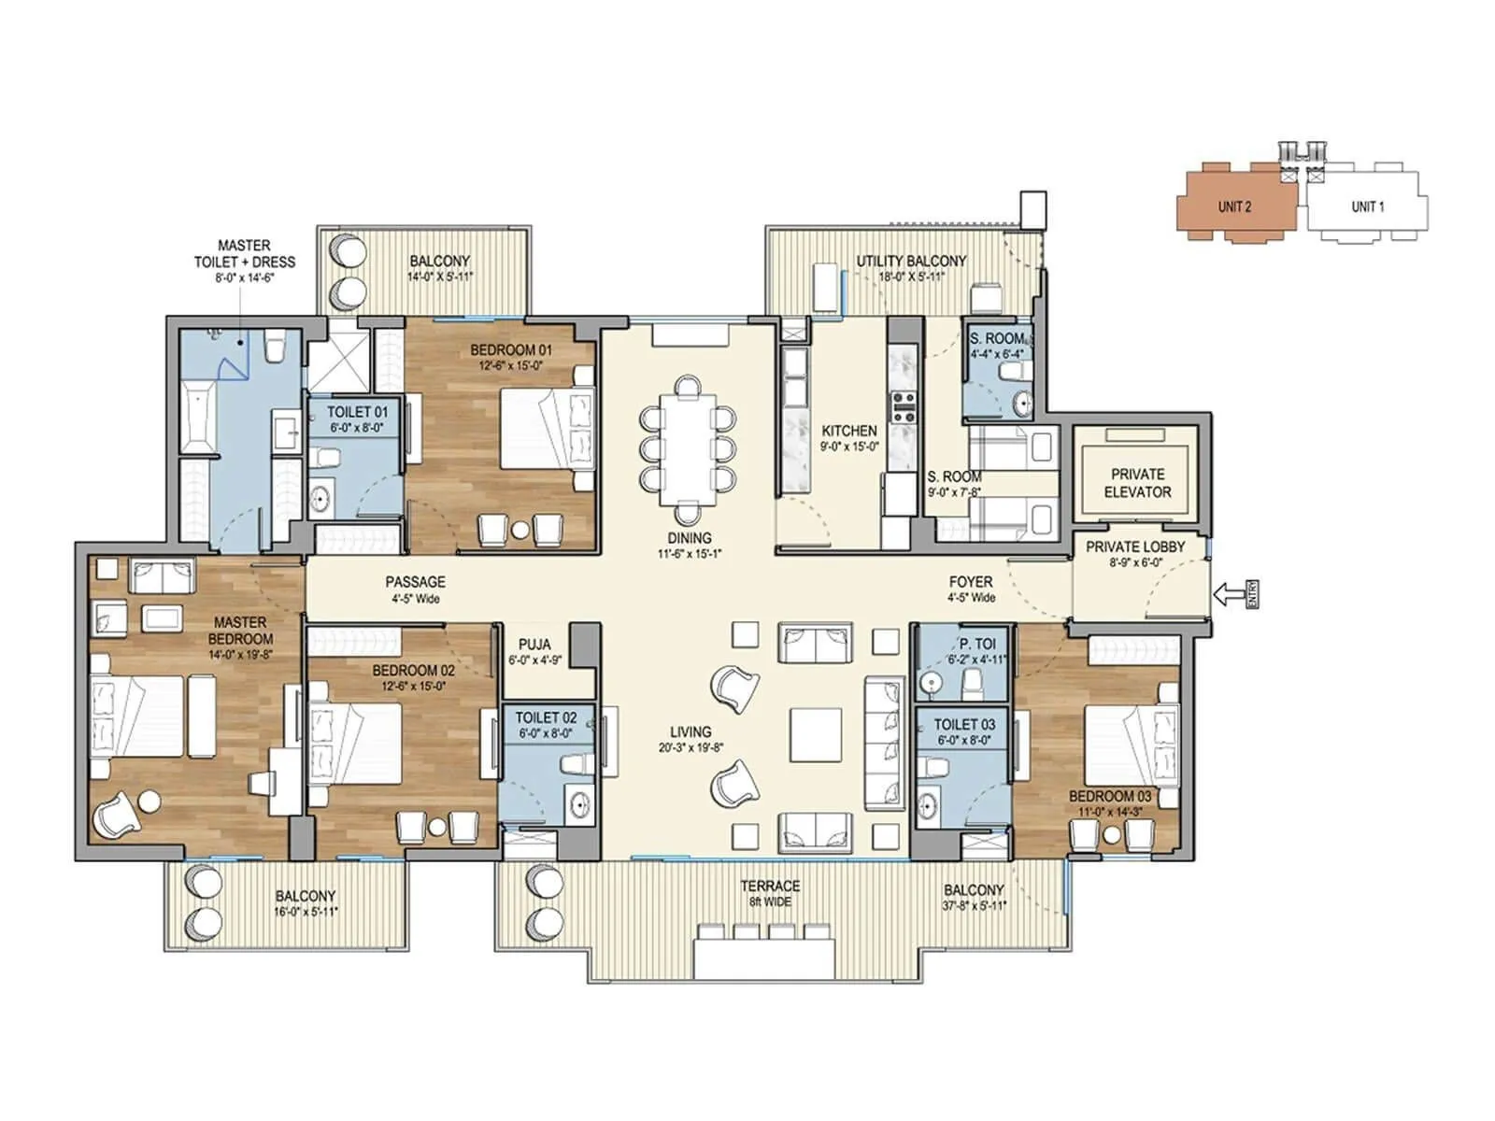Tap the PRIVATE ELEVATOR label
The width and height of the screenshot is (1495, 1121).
coord(1137,483)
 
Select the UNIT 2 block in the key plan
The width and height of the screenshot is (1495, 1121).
coord(1234,206)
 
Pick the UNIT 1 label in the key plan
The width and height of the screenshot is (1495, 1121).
coord(1367,206)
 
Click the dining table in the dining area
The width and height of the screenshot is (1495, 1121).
coord(687,447)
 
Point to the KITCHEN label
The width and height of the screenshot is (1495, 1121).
coord(848,431)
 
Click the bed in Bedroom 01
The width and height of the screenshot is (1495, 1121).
coord(548,427)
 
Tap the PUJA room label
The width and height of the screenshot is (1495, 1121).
coord(534,645)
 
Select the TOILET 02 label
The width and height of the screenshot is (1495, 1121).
coord(546,717)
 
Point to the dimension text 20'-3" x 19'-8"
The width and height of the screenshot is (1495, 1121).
coord(691,747)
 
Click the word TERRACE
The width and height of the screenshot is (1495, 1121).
coord(770,886)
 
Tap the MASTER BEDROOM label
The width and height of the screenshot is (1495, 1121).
coord(240,631)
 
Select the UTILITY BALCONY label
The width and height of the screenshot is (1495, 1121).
coord(911,262)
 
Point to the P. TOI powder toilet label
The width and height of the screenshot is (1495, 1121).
coord(976,644)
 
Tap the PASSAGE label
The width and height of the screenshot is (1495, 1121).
coord(415,582)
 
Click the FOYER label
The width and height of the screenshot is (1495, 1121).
coord(970,582)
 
